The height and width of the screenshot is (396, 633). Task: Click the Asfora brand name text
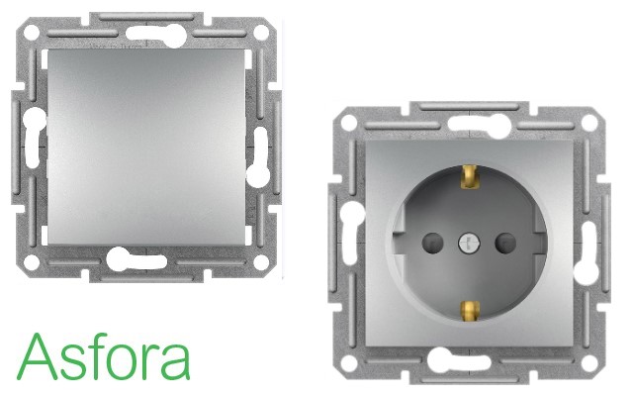103,356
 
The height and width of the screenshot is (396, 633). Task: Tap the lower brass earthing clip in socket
470,312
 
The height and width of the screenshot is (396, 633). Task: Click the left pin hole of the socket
432,243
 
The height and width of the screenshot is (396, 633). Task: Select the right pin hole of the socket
505,243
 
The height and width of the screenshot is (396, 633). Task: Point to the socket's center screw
469,244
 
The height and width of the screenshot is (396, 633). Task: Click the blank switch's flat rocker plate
146,148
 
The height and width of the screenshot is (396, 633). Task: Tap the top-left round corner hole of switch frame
31,33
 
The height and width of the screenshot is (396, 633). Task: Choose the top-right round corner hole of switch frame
261,33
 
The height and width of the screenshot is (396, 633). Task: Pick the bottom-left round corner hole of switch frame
31,262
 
